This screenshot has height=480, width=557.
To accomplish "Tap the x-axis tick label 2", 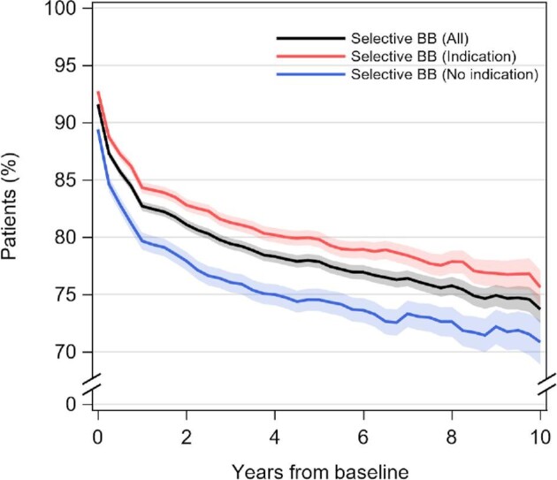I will pyautogui.click(x=186, y=437).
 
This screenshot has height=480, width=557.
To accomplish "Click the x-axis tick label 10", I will pyautogui.click(x=540, y=437).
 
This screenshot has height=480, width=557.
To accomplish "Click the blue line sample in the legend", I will pyautogui.click(x=309, y=75).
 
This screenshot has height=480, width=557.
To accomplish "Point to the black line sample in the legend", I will pyautogui.click(x=309, y=40).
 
